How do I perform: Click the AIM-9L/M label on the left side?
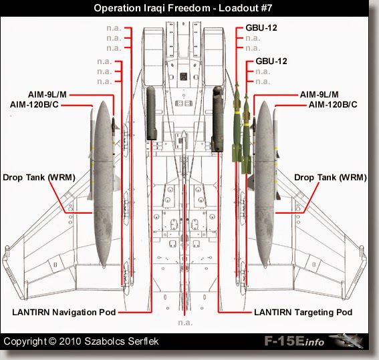coord(51,95)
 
